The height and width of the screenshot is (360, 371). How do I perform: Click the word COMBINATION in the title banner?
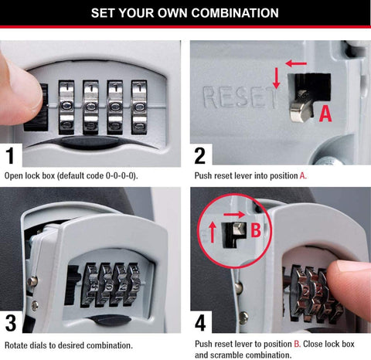pyautogui.click(x=232, y=13)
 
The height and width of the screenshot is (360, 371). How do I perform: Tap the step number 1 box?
pyautogui.click(x=11, y=155)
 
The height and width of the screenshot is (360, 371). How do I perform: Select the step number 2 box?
pyautogui.click(x=200, y=155)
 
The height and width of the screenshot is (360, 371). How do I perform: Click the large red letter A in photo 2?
pyautogui.click(x=325, y=114)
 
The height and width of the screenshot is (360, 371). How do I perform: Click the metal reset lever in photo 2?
pyautogui.click(x=297, y=104)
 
